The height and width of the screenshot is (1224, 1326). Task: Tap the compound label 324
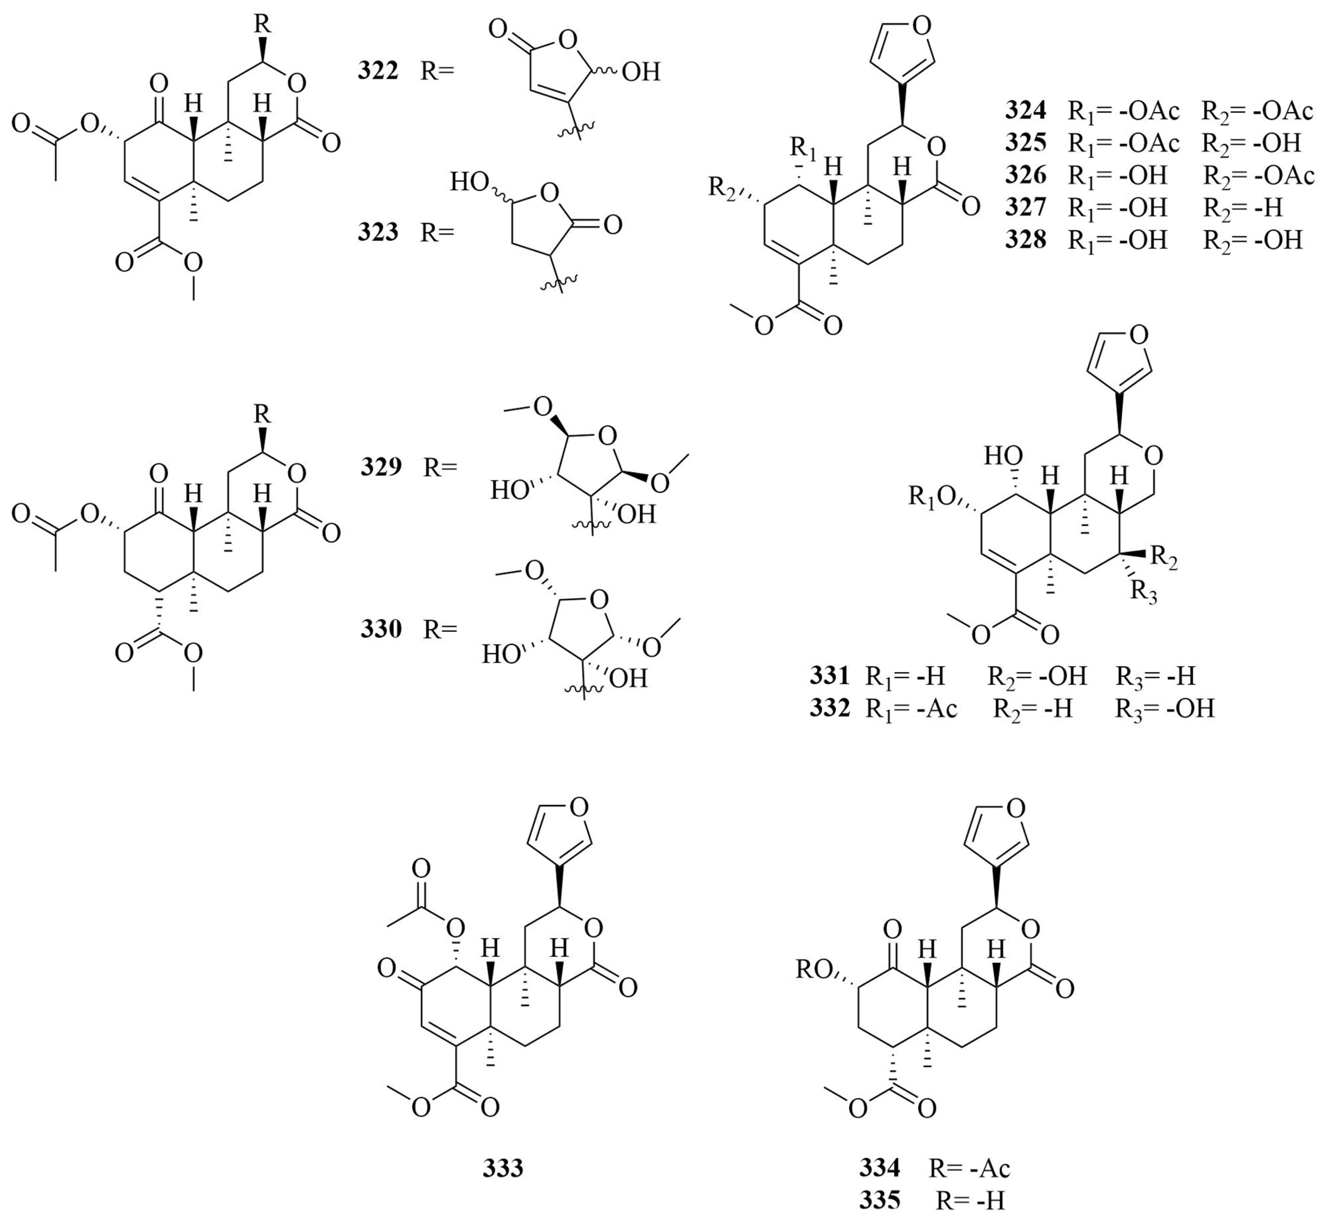(x=1026, y=111)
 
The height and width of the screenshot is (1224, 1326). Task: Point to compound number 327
(x=1026, y=207)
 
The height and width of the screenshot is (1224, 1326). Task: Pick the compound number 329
(x=381, y=467)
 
